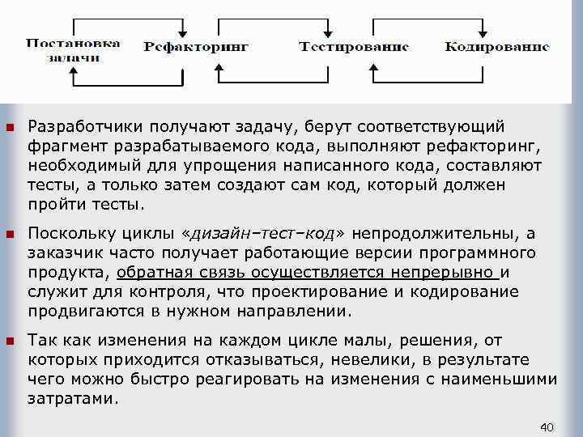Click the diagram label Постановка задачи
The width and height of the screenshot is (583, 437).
pyautogui.click(x=73, y=50)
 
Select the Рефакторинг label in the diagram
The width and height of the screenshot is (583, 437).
pyautogui.click(x=196, y=47)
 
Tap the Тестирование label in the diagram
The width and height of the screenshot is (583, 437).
pyautogui.click(x=354, y=46)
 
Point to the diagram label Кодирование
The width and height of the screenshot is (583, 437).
pyautogui.click(x=496, y=46)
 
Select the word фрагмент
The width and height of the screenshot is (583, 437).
pyautogui.click(x=63, y=146)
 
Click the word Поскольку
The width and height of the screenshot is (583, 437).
pyautogui.click(x=66, y=235)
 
